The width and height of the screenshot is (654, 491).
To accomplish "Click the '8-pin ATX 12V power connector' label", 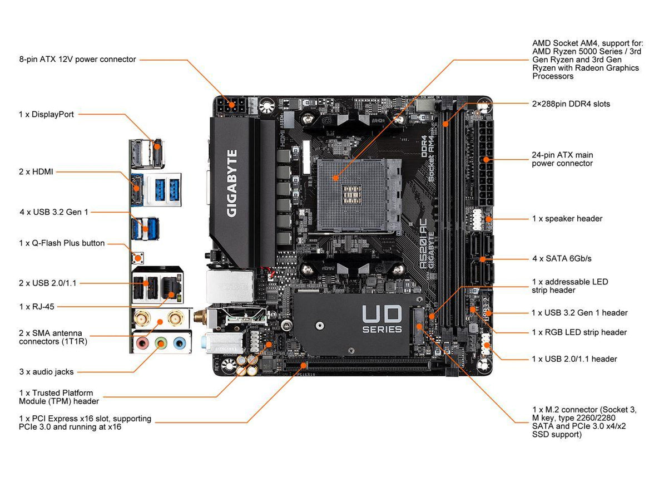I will tap(77, 59).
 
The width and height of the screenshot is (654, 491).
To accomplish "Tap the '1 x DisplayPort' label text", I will tap(46, 114).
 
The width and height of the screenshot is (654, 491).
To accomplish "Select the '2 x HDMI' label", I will tap(36, 172).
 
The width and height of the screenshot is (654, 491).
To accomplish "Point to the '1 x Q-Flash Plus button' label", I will tap(62, 243).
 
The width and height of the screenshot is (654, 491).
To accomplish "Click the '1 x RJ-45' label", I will tap(37, 306).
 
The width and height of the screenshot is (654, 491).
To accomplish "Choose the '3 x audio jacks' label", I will tap(46, 372).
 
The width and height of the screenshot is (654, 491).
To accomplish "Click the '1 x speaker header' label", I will tap(567, 219).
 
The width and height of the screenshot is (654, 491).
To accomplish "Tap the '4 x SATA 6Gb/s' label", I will tap(562, 259).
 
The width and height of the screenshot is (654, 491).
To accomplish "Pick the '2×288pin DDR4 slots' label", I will tap(571, 104).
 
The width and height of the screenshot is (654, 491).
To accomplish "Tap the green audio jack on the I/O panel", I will tap(161, 342).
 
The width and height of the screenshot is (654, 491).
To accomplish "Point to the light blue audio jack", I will tap(179, 342).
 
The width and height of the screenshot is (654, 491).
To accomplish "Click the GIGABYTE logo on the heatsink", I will tap(232, 183).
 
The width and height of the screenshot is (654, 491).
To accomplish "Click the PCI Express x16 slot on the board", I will tap(356, 367).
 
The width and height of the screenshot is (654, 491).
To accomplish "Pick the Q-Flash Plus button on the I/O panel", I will tap(136, 258).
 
